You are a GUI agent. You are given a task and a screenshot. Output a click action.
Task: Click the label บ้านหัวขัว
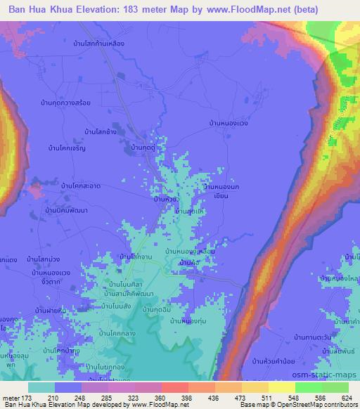(x=169, y=199)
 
